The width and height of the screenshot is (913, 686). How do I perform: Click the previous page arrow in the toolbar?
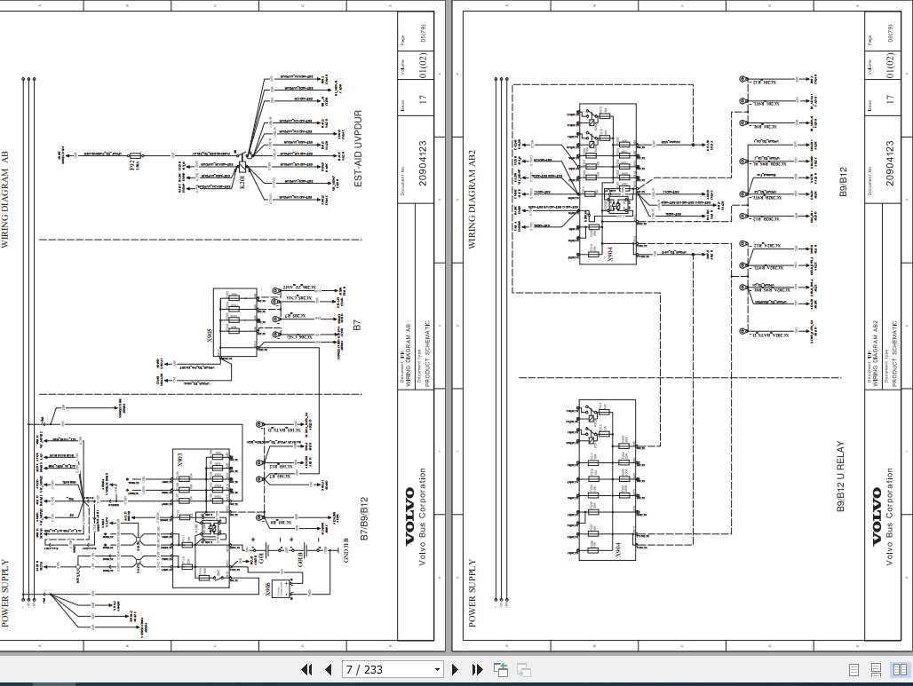click(328, 669)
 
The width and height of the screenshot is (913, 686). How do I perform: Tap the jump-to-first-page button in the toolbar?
click(306, 669)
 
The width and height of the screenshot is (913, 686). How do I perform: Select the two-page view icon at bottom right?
click(899, 669)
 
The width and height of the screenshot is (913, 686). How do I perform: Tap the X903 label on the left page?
click(180, 461)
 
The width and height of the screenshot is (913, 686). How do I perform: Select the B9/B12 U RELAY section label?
click(840, 477)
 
